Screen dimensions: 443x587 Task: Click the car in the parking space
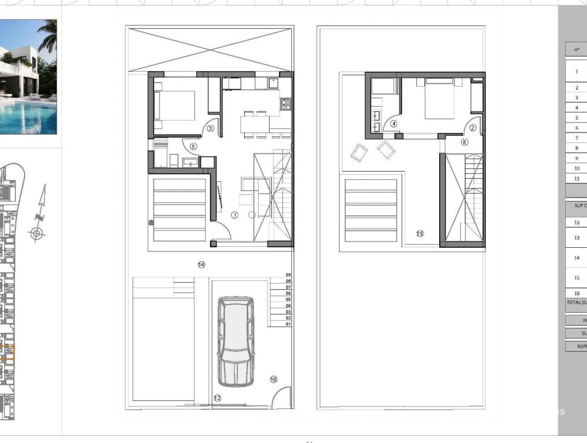pyautogui.click(x=235, y=341)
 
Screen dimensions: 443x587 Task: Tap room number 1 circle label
pyautogui.click(x=235, y=215)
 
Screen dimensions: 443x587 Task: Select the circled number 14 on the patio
pyautogui.click(x=201, y=264)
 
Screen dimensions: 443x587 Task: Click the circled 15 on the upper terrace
pyautogui.click(x=420, y=234)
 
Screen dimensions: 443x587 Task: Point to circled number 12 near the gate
pyautogui.click(x=217, y=398)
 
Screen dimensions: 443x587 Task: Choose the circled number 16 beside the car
pyautogui.click(x=273, y=380)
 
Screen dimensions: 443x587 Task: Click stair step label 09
pyautogui.click(x=288, y=275)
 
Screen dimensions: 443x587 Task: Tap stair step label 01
pyautogui.click(x=288, y=324)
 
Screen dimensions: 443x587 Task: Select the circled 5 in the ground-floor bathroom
pyautogui.click(x=193, y=146)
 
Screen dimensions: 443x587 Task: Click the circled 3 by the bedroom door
pyautogui.click(x=210, y=128)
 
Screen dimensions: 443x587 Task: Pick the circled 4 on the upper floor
pyautogui.click(x=394, y=124)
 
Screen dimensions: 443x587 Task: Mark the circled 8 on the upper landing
pyautogui.click(x=464, y=142)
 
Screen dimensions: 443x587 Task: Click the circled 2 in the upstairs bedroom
pyautogui.click(x=473, y=128)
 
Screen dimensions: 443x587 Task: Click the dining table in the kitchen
pyautogui.click(x=254, y=124)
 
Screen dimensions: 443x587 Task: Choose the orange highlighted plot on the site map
pyautogui.click(x=8, y=352)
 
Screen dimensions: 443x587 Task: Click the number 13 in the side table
pyautogui.click(x=577, y=238)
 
